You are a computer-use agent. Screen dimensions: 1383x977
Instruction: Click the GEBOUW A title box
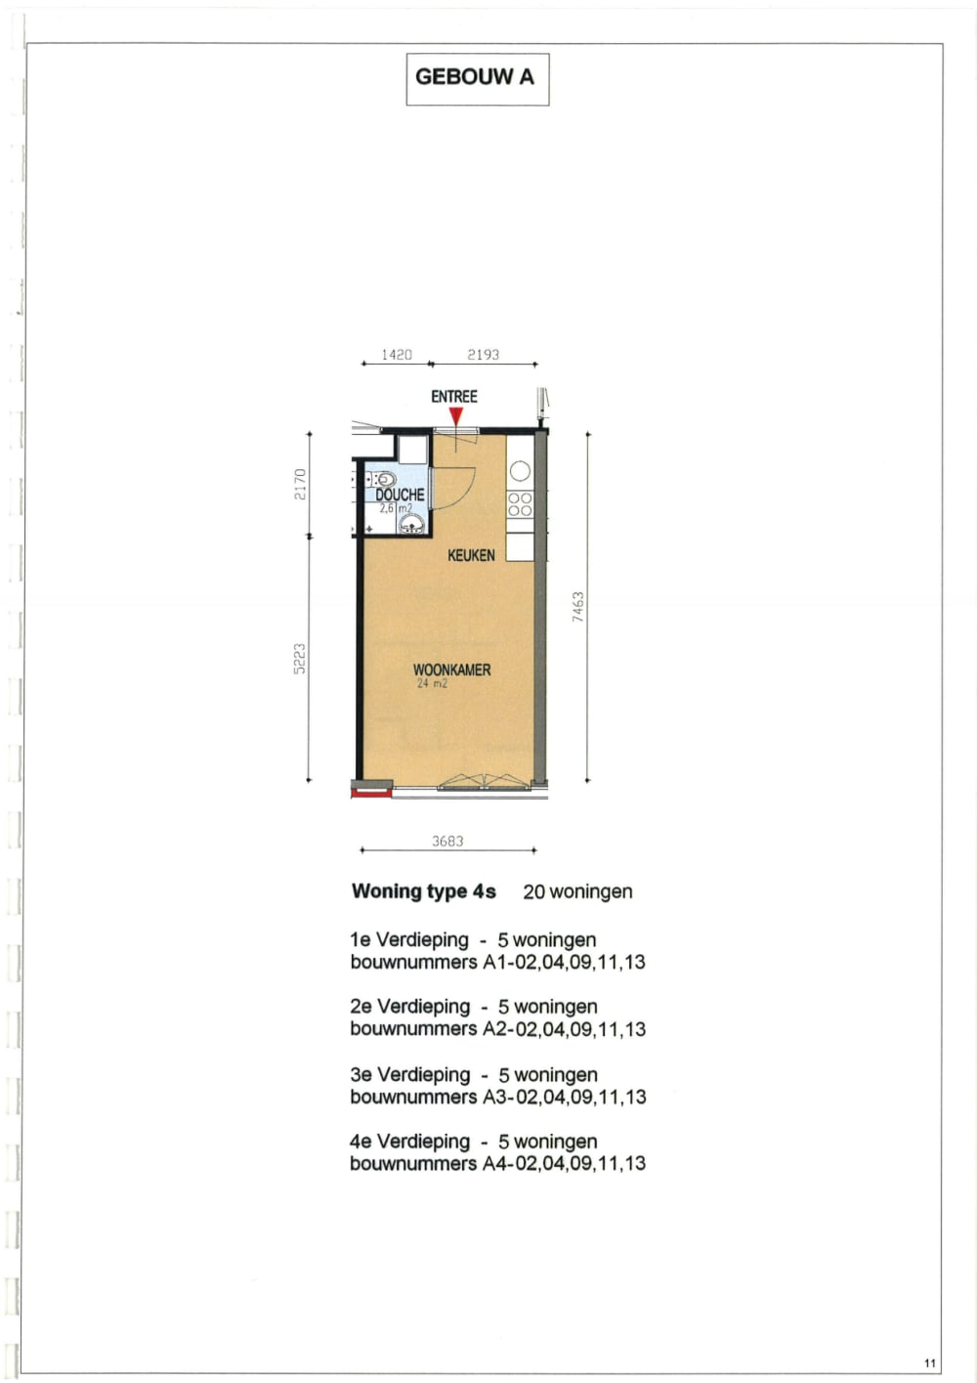[x=477, y=78]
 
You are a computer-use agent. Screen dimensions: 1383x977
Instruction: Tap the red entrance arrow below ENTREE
[x=455, y=416]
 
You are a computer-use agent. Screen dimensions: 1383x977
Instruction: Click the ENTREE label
[x=454, y=396]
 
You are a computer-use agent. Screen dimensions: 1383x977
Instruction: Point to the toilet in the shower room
[x=384, y=479]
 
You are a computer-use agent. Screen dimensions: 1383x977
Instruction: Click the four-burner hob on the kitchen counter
[x=520, y=504]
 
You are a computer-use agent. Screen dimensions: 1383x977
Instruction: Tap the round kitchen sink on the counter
[x=520, y=471]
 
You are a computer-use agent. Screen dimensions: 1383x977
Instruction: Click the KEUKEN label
[x=471, y=555]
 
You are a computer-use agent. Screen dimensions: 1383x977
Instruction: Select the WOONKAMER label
[x=451, y=670]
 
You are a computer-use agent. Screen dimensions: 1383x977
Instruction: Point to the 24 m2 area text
[x=432, y=684]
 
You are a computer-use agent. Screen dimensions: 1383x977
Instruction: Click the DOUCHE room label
[x=401, y=495]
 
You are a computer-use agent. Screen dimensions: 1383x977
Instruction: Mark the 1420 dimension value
[x=397, y=355]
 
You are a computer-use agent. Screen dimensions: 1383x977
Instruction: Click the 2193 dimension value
[x=483, y=355]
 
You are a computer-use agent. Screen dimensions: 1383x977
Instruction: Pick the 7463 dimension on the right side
[x=578, y=607]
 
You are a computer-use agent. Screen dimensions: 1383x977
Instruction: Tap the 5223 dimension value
[x=300, y=658]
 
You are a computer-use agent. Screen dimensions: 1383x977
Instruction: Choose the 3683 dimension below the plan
[x=447, y=841]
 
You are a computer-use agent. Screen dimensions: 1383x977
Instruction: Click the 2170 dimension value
[x=300, y=484]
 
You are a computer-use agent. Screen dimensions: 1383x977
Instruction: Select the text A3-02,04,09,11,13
[x=565, y=1097]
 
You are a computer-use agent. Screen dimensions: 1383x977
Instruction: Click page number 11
[x=929, y=1363]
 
